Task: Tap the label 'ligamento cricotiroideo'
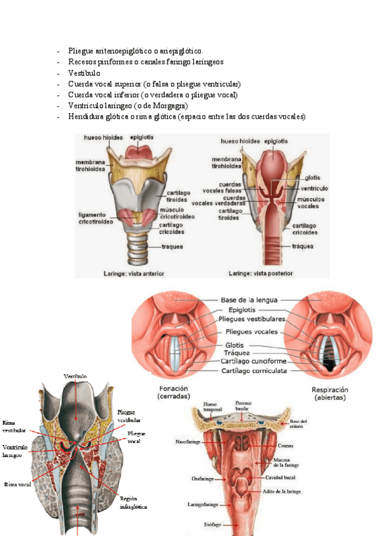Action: pos(95,217)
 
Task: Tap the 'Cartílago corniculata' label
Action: pos(250,371)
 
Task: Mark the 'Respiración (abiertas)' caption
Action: pos(330,394)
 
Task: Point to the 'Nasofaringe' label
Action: pos(187,442)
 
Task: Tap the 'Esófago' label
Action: pos(214,524)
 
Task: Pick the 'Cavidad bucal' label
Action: pos(281,477)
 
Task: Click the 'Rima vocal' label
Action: pos(18,485)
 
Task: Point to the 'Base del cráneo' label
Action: pos(298,423)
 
